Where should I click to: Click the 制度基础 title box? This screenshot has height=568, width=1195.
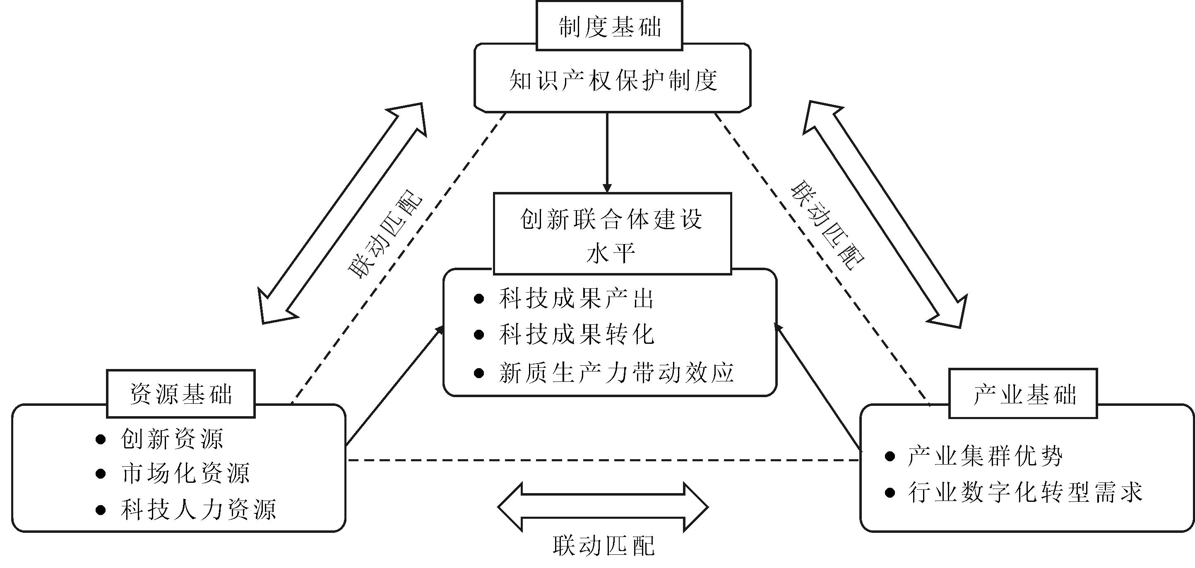coord(609,26)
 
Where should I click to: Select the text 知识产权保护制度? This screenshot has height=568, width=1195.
coord(613,80)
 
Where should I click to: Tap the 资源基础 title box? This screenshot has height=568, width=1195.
coord(180,394)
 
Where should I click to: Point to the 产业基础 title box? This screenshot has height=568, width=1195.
coord(1023,394)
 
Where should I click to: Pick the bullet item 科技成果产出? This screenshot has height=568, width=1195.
coord(576,299)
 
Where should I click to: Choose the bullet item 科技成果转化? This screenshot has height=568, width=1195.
coord(576,335)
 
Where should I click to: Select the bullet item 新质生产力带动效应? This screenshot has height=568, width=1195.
coord(616,373)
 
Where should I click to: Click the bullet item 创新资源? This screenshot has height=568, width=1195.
coord(172,439)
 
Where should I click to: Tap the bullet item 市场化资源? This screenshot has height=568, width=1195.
coord(185,473)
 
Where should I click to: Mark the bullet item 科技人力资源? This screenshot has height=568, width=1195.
coord(199,510)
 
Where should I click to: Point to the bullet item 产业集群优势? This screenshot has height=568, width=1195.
coord(985,456)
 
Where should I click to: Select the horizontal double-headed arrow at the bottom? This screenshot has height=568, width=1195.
coord(603,507)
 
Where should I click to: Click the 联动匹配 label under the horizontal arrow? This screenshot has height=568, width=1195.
coord(604,545)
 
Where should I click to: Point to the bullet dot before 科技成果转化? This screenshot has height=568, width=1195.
coord(479,335)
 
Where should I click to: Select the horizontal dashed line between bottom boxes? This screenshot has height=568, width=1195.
coord(603,460)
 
